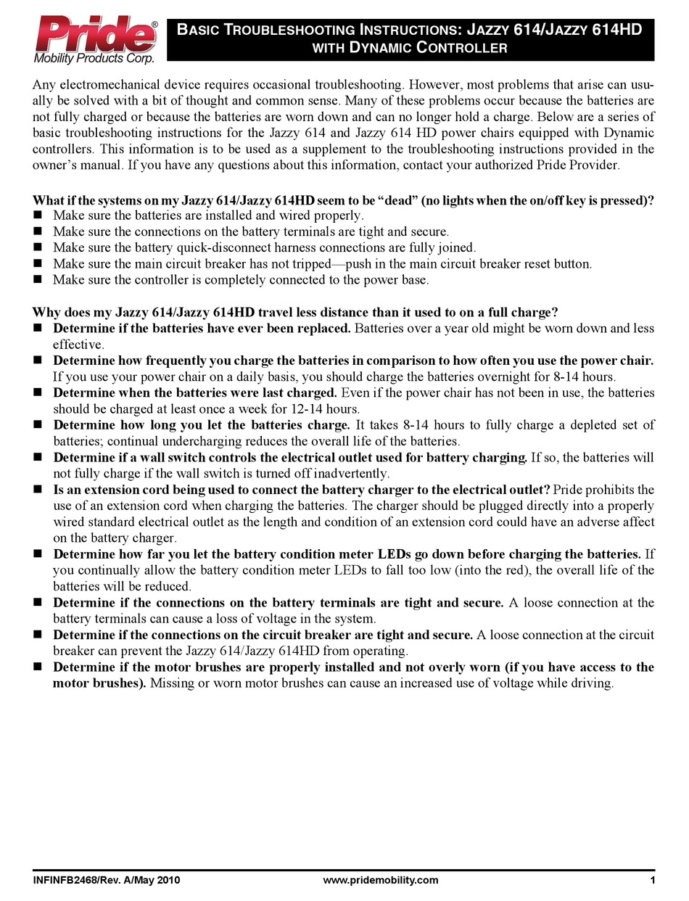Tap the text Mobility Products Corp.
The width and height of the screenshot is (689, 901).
pyautogui.click(x=94, y=57)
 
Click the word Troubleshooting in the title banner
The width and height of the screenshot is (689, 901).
pyautogui.click(x=282, y=30)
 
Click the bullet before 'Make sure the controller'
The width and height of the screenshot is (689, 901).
pyautogui.click(x=38, y=280)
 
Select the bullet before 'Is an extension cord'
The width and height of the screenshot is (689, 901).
pyautogui.click(x=38, y=490)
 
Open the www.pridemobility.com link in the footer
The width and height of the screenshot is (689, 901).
pyautogui.click(x=380, y=880)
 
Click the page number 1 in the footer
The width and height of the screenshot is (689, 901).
pyautogui.click(x=653, y=880)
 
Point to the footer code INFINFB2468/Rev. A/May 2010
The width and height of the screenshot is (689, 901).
pyautogui.click(x=106, y=880)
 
